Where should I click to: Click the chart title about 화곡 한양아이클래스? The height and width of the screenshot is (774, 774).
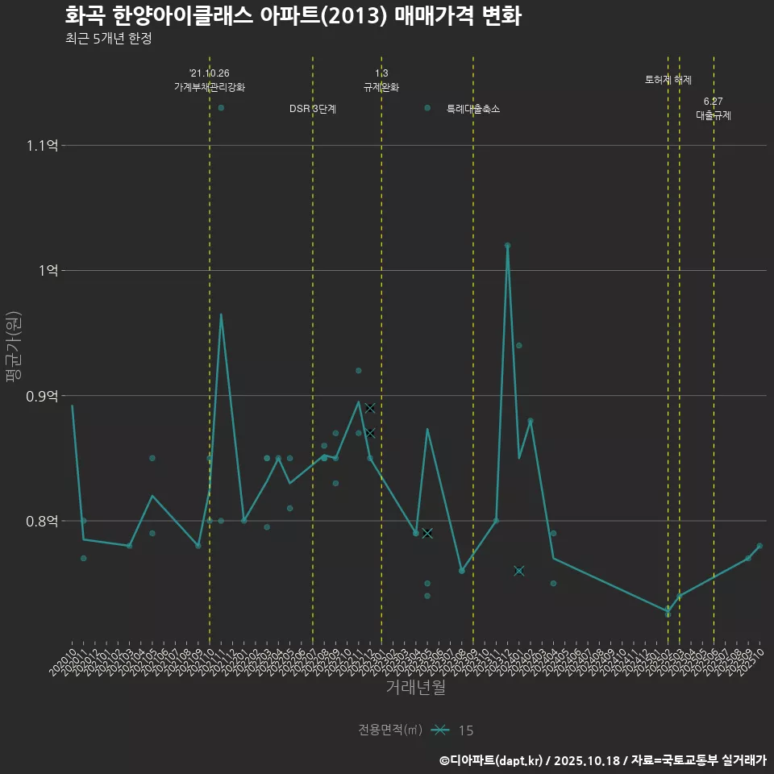[293, 16]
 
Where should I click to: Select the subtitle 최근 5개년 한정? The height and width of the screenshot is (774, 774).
[108, 38]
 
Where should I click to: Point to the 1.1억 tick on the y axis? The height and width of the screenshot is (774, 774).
[42, 145]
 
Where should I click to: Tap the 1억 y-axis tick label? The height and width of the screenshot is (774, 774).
[48, 270]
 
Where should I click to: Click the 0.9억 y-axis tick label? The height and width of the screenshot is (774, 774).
[42, 396]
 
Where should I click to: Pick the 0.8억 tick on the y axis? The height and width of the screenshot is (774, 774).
[42, 521]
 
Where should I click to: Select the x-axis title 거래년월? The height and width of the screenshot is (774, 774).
[415, 688]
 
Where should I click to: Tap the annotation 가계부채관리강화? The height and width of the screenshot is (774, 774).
[210, 87]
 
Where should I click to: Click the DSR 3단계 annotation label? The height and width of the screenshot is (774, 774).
[313, 109]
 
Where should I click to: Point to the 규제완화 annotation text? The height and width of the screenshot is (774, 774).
[381, 87]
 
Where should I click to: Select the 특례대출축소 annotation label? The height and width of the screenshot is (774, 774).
[473, 109]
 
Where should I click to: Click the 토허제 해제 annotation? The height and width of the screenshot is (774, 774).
[668, 80]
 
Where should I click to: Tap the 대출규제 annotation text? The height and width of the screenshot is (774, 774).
[714, 115]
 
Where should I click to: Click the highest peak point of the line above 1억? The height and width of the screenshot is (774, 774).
[507, 245]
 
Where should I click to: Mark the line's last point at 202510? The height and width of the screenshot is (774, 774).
[759, 547]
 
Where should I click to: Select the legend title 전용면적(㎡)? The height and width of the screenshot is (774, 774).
[390, 730]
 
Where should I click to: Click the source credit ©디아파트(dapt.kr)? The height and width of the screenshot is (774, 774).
[493, 760]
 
